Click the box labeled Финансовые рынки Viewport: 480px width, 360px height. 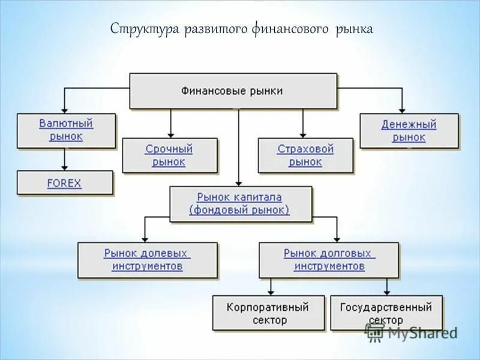pyautogui.click(x=233, y=91)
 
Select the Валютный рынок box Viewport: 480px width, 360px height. pyautogui.click(x=66, y=130)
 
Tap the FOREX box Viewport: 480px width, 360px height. pyautogui.click(x=65, y=183)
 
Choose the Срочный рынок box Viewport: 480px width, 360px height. pyautogui.click(x=169, y=155)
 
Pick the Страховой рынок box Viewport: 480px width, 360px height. pyautogui.click(x=305, y=155)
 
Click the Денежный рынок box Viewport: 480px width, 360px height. pyautogui.click(x=409, y=131)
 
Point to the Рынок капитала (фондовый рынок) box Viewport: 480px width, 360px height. pyautogui.click(x=240, y=203)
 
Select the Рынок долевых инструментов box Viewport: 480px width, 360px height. pyautogui.click(x=147, y=260)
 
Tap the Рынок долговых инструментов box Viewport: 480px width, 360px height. pyautogui.click(x=329, y=260)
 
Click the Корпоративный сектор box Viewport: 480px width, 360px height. pyautogui.click(x=268, y=313)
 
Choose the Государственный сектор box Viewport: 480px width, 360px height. pyautogui.click(x=386, y=313)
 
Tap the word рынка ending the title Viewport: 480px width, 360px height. pyautogui.click(x=355, y=29)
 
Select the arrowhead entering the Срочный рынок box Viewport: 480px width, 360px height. pyautogui.click(x=171, y=135)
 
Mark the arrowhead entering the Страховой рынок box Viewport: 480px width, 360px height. pyautogui.click(x=304, y=135)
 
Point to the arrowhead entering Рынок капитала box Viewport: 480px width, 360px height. pyautogui.click(x=239, y=183)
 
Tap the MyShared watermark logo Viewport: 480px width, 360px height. pyautogui.click(x=412, y=333)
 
